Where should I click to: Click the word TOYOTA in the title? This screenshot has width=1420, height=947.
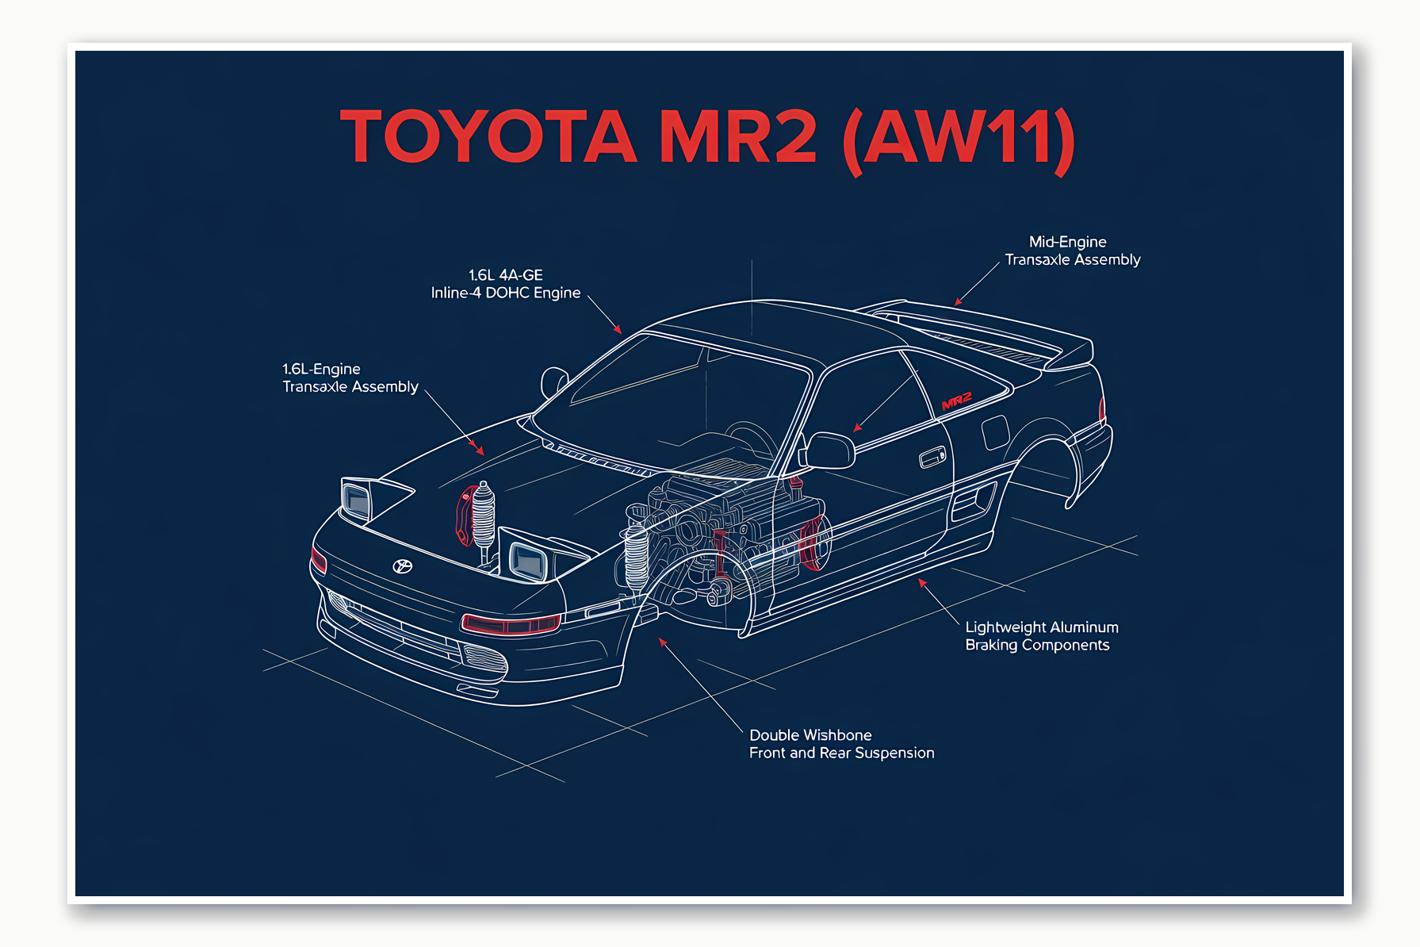[488, 136]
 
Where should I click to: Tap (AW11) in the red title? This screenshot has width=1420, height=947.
[959, 138]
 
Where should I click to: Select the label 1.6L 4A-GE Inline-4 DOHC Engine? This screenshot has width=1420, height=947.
[506, 284]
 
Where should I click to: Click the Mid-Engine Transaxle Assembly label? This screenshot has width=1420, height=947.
[1072, 251]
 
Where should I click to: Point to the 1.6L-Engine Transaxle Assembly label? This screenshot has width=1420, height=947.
[350, 378]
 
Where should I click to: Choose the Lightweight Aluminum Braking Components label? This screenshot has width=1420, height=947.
[1041, 636]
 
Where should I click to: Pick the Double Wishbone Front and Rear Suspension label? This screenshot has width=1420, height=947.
[841, 744]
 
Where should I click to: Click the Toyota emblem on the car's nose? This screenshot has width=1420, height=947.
[403, 566]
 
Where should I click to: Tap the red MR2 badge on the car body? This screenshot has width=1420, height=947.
[956, 401]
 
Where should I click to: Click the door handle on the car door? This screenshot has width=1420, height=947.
[932, 458]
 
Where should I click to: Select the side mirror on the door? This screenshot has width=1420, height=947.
[829, 450]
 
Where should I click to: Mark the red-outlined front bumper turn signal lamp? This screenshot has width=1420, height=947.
[511, 624]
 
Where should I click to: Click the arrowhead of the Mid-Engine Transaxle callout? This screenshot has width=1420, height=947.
[957, 303]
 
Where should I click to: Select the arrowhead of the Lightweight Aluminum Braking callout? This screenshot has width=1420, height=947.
[921, 582]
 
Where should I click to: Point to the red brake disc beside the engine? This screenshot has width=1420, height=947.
[813, 543]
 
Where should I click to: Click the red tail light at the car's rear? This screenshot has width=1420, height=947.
[1101, 408]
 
